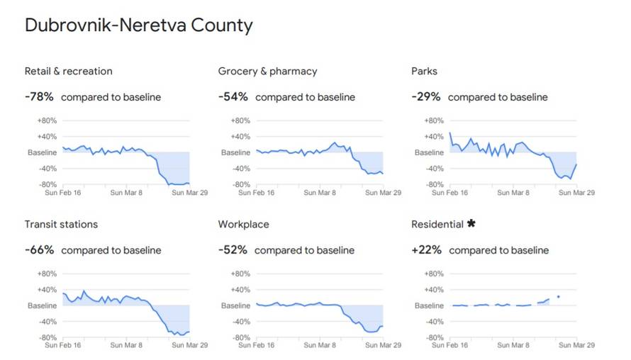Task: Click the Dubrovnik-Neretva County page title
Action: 138,26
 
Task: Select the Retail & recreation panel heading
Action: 68,71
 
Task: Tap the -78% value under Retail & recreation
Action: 39,96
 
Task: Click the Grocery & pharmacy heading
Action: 267,71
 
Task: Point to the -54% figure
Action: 233,96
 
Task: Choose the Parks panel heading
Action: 424,71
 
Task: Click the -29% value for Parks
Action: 425,96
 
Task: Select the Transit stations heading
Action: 61,224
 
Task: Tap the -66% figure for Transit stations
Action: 39,249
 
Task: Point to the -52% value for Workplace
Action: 233,249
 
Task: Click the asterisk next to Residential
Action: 471,224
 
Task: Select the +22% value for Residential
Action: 426,249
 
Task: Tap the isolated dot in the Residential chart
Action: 559,296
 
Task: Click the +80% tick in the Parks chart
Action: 434,120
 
